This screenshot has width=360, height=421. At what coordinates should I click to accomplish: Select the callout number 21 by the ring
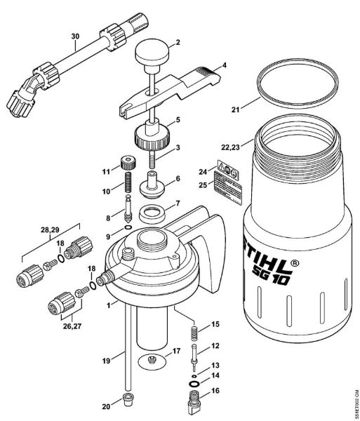coord(236,110)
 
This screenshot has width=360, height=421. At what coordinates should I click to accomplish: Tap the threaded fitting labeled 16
coord(193,405)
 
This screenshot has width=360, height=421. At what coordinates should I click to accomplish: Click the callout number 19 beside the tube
coord(107,361)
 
